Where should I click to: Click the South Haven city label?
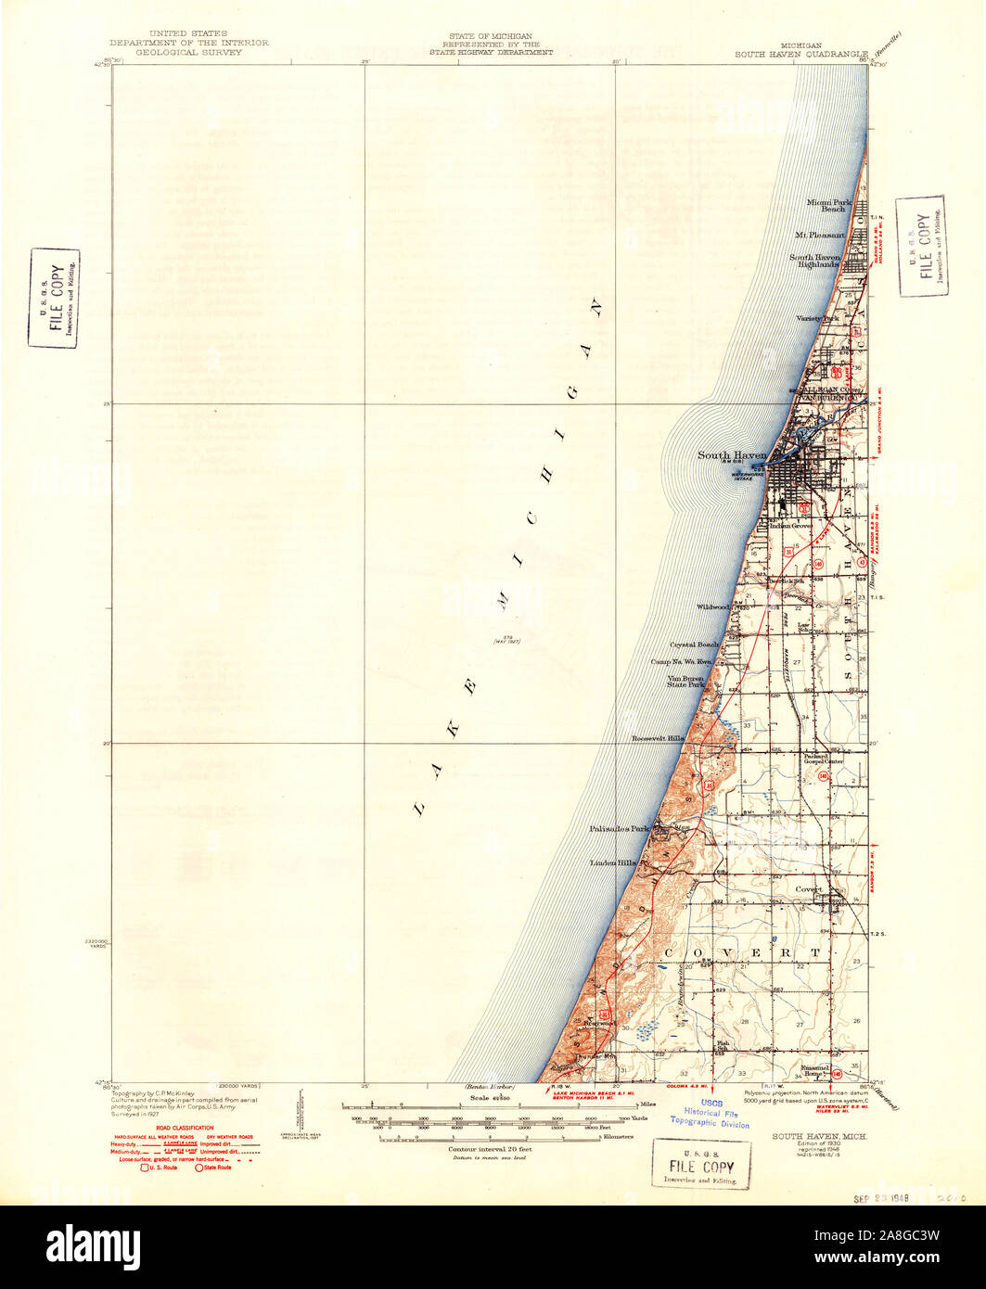tap(732, 455)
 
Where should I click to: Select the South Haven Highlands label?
tap(813, 261)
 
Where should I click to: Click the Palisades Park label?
tap(621, 828)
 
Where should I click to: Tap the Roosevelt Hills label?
tap(658, 738)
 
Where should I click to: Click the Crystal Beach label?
tap(695, 644)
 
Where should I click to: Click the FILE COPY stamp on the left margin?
tap(53, 299)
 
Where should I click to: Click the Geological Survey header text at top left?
tap(189, 53)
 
